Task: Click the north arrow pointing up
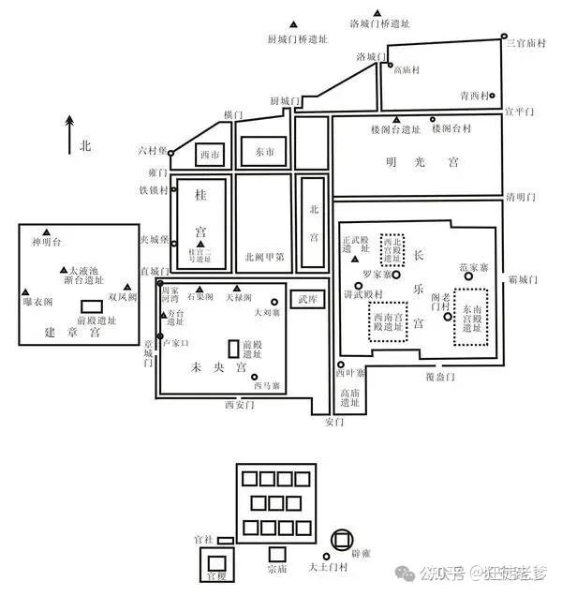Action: (69, 132)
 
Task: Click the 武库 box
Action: (307, 299)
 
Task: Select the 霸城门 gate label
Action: (524, 278)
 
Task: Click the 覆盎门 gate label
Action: (438, 377)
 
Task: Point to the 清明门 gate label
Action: (521, 197)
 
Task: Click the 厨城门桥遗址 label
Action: (297, 40)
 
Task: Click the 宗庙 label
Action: (277, 569)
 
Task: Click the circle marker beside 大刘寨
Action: (274, 302)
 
